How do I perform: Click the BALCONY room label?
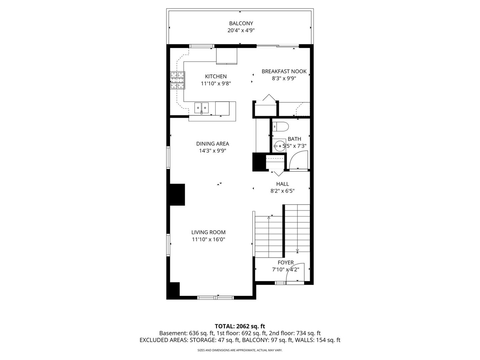point(241,23)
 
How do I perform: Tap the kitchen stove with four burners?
point(177,80)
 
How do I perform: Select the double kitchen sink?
point(202,107)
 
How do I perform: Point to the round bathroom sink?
point(279,146)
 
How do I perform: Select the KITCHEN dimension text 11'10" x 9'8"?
point(216,84)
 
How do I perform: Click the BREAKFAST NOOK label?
point(284,71)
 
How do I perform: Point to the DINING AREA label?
point(212,144)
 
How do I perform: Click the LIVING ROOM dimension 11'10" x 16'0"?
point(208,239)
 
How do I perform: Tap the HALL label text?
point(282,184)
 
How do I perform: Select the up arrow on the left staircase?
point(269,218)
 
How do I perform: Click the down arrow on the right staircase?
point(297,250)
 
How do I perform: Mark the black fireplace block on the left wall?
point(178,194)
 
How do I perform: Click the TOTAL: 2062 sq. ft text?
point(240,326)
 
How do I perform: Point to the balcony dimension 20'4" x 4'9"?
point(241,30)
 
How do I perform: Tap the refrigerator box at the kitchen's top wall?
point(227,56)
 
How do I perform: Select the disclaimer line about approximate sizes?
point(240,350)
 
